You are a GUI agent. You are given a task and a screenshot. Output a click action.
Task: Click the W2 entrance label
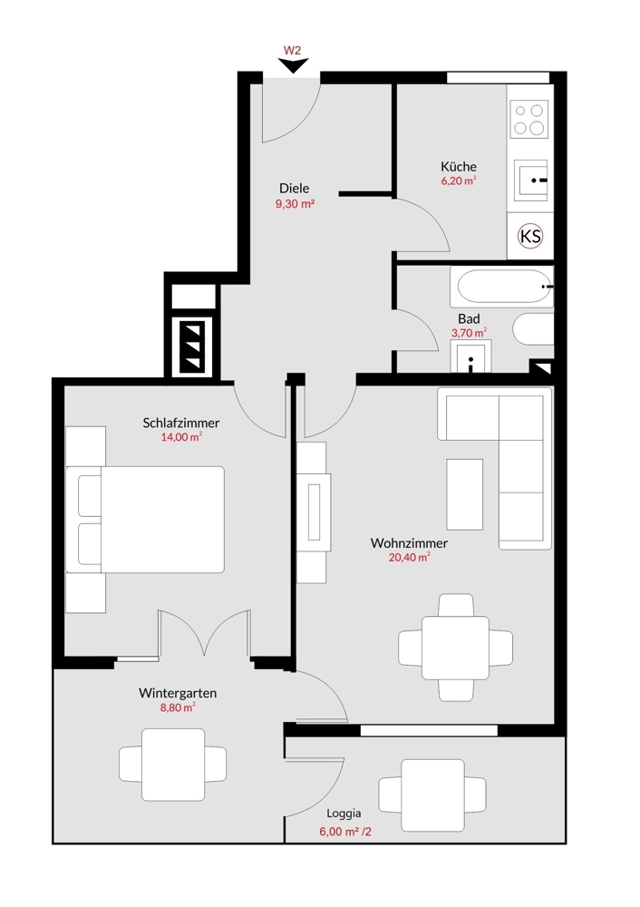pyautogui.click(x=292, y=50)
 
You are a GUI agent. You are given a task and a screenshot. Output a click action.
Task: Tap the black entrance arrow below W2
pyautogui.click(x=294, y=65)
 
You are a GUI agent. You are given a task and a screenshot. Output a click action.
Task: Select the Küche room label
pyautogui.click(x=459, y=167)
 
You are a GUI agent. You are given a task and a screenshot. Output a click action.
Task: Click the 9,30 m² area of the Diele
pyautogui.click(x=295, y=203)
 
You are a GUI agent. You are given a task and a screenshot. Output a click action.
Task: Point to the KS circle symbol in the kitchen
pyautogui.click(x=530, y=236)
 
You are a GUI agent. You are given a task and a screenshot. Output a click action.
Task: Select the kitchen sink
pyautogui.click(x=530, y=180)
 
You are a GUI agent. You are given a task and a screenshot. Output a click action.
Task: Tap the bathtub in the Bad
pyautogui.click(x=503, y=287)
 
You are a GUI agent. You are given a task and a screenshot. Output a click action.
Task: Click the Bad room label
pyautogui.click(x=469, y=318)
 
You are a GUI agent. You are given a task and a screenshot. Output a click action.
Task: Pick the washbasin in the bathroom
pyautogui.click(x=470, y=356)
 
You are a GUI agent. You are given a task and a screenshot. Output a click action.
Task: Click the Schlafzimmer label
pyautogui.click(x=181, y=423)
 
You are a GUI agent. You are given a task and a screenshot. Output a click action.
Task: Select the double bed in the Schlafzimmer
pyautogui.click(x=145, y=520)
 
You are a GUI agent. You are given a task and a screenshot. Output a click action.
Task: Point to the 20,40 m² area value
pyautogui.click(x=410, y=558)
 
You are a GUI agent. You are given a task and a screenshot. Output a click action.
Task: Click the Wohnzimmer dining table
pyautogui.click(x=456, y=648)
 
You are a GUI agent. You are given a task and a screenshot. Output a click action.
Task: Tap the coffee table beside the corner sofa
pyautogui.click(x=465, y=494)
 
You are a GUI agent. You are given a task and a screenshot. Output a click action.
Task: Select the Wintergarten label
pyautogui.click(x=178, y=693)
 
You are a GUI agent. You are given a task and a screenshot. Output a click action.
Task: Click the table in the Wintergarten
pyautogui.click(x=173, y=765)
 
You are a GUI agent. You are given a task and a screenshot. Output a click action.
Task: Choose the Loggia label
pyautogui.click(x=344, y=814)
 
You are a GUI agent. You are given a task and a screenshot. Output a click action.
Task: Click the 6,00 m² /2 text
pyautogui.click(x=345, y=832)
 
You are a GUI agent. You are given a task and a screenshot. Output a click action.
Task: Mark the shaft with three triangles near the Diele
pyautogui.click(x=192, y=346)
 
